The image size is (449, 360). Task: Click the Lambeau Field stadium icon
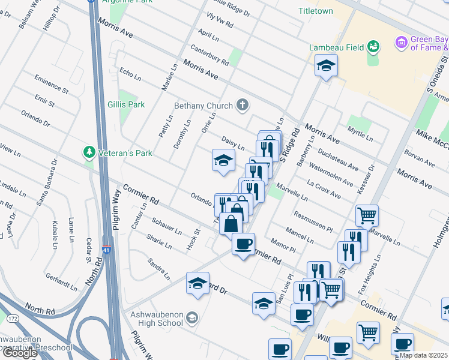click(373, 46)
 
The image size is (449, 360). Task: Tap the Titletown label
click(316, 11)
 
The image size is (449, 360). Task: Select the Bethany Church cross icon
click(243, 106)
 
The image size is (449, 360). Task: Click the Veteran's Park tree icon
click(89, 151)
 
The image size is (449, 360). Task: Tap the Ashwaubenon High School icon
click(192, 317)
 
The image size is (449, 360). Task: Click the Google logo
click(20, 352)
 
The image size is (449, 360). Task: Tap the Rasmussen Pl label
click(313, 221)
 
